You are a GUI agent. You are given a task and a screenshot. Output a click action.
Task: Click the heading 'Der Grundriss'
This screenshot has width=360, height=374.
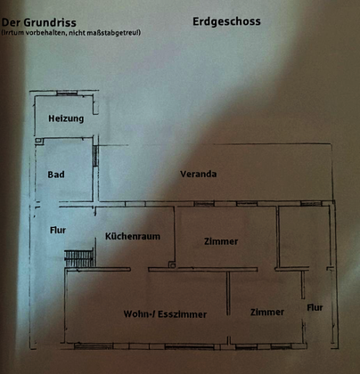click(39, 22)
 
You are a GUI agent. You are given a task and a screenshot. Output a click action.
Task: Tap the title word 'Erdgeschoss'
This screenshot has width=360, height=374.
click(226, 21)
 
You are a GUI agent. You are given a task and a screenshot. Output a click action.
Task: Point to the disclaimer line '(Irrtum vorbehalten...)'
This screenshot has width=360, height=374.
click(71, 33)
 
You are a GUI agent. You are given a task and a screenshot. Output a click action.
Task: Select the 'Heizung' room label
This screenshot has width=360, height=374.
click(66, 118)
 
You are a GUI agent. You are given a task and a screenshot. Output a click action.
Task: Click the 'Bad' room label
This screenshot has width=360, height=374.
click(56, 175)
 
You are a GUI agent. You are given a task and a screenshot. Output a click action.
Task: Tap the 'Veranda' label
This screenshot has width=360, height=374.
click(199, 174)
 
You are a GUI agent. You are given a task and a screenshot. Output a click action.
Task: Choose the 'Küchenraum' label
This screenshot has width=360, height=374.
click(133, 236)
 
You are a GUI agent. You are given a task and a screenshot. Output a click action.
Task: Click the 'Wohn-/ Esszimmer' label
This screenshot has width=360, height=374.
click(165, 314)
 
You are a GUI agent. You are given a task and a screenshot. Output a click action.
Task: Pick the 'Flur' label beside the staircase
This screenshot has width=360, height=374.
click(58, 230)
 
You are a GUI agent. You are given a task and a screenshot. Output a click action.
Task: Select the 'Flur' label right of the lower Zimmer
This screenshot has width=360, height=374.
click(315, 308)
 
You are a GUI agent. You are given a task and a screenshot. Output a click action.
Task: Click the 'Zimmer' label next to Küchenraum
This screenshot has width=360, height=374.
click(221, 241)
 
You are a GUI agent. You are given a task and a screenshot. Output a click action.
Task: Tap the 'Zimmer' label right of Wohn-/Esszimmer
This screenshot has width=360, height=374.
click(267, 313)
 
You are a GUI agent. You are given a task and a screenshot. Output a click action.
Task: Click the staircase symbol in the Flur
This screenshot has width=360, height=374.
click(79, 258)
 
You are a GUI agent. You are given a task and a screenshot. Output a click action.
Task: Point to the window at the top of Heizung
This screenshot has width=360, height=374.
click(67, 93)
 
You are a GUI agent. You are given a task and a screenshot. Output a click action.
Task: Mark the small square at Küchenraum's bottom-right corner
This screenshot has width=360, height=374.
click(172, 264)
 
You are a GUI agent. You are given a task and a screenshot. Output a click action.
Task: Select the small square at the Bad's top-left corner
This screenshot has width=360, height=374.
click(39, 141)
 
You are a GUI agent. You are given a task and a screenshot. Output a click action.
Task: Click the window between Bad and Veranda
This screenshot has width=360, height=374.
click(95, 156)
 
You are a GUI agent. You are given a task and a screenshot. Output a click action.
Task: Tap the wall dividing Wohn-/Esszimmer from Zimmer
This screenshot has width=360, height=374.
click(228, 293)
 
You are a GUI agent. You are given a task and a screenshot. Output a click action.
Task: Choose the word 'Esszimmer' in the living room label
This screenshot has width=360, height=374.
click(182, 314)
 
